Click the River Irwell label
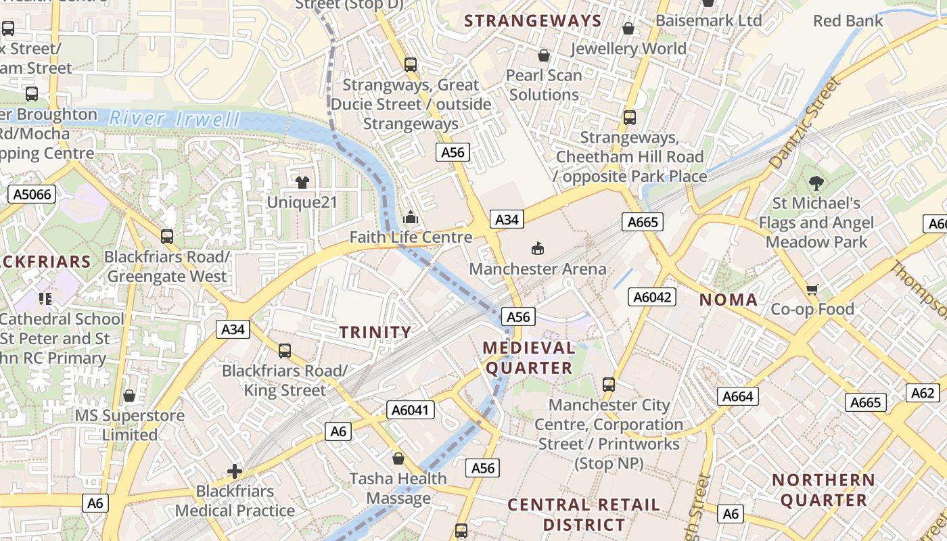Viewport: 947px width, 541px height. click(175, 120)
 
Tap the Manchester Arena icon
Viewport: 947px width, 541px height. click(538, 249)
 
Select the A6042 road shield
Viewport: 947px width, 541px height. click(652, 297)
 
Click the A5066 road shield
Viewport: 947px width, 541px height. click(32, 195)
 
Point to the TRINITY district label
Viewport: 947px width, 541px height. click(375, 332)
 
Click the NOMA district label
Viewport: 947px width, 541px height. click(728, 300)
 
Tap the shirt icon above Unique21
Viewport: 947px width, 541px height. click(302, 182)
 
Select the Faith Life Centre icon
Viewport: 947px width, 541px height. click(411, 218)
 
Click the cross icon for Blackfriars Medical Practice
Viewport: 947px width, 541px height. click(235, 471)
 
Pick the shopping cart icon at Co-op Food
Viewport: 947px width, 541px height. click(812, 289)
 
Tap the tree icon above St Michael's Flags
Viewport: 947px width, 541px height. click(816, 183)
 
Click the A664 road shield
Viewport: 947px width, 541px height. click(737, 396)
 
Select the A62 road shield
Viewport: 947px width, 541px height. click(923, 393)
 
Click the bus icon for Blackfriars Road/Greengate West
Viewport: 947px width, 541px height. click(167, 237)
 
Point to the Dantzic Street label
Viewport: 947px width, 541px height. click(804, 124)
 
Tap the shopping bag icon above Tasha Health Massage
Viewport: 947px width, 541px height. click(398, 458)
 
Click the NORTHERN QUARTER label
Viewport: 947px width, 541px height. click(823, 490)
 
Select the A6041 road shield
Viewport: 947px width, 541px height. click(411, 410)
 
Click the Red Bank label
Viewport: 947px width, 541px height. click(848, 21)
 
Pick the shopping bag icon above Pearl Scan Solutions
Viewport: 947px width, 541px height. click(543, 55)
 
